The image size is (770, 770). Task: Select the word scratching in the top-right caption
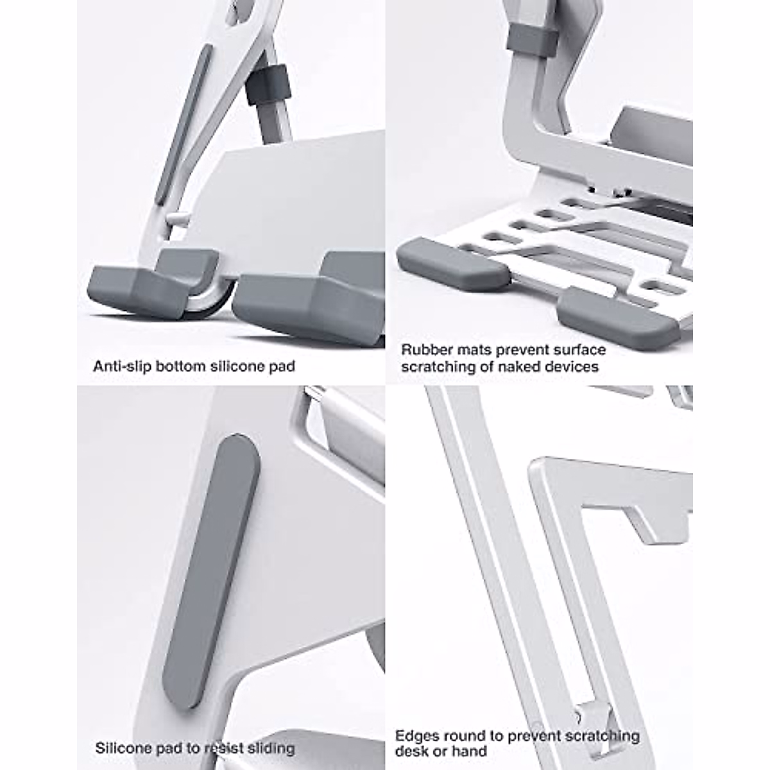click(x=433, y=367)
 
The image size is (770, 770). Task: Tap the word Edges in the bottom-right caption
click(x=415, y=736)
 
